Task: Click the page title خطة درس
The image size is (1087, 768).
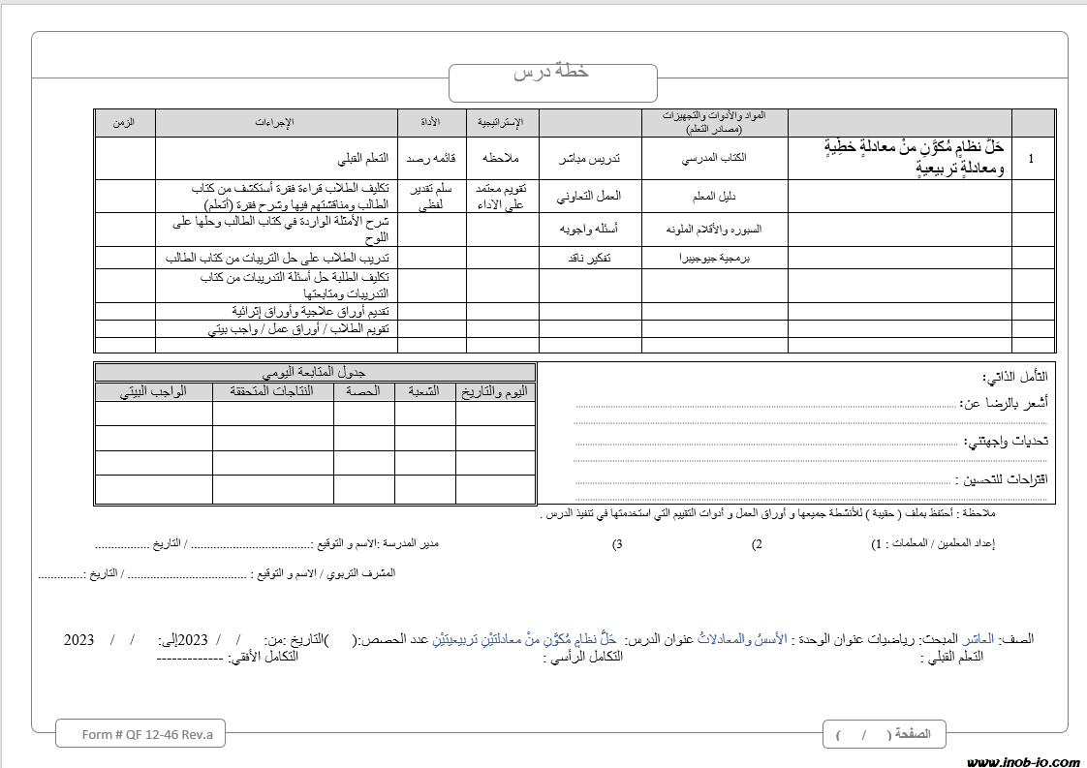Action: click(x=551, y=73)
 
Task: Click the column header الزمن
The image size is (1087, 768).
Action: click(x=124, y=122)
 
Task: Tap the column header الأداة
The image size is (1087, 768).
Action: click(x=431, y=122)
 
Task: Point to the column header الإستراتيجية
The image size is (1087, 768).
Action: click(x=501, y=122)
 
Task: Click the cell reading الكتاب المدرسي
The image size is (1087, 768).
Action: click(x=713, y=158)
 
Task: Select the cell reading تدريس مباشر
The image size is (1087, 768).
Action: click(x=589, y=158)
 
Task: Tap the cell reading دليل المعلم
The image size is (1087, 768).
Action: click(x=713, y=196)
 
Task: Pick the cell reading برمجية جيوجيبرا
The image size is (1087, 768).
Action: click(x=713, y=259)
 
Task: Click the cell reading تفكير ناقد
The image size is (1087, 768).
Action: click(x=589, y=259)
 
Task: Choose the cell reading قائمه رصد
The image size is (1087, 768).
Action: click(x=431, y=158)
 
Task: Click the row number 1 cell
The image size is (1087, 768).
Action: click(x=1031, y=158)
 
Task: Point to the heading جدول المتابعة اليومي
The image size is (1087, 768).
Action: click(x=315, y=373)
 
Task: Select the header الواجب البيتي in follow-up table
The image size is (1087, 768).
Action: click(x=153, y=391)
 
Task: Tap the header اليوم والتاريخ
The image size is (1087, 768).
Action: click(x=495, y=391)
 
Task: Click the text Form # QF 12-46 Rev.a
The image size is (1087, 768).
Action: click(x=140, y=734)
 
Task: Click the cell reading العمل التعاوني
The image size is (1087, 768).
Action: click(x=589, y=196)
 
